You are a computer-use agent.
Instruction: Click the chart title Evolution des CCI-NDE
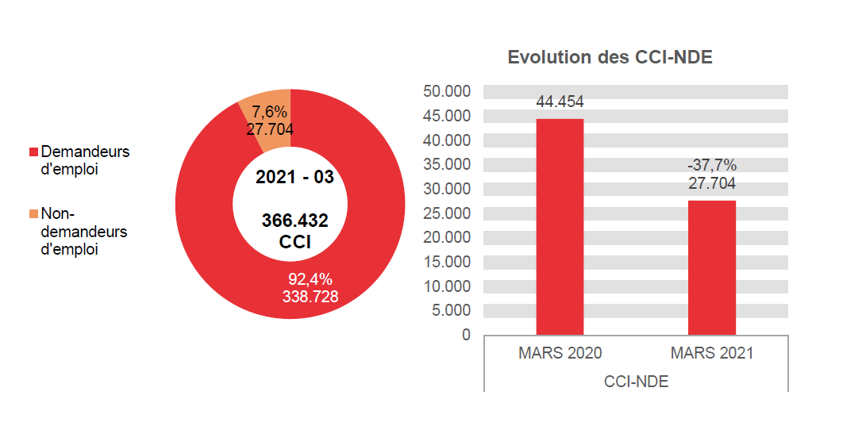pyautogui.click(x=610, y=58)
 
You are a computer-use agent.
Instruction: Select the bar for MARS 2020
pyautogui.click(x=560, y=227)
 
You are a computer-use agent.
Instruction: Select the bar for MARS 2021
pyautogui.click(x=711, y=267)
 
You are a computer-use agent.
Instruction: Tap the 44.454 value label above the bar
pyautogui.click(x=560, y=102)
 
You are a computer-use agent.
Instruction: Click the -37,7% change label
pyautogui.click(x=711, y=166)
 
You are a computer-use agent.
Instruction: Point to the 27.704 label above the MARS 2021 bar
pyautogui.click(x=711, y=183)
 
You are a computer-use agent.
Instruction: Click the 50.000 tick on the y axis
pyautogui.click(x=447, y=91)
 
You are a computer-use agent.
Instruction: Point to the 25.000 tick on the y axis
pyautogui.click(x=447, y=213)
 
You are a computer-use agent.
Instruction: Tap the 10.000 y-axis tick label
pyautogui.click(x=447, y=286)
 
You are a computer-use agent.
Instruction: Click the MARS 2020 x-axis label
pyautogui.click(x=560, y=354)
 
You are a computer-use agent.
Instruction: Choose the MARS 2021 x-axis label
pyautogui.click(x=711, y=354)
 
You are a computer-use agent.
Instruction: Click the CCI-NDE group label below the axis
pyautogui.click(x=636, y=382)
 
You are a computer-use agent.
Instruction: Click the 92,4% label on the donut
pyautogui.click(x=310, y=279)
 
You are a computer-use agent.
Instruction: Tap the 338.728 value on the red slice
pyautogui.click(x=310, y=297)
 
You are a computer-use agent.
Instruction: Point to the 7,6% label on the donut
pyautogui.click(x=269, y=113)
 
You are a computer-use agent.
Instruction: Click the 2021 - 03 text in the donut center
pyautogui.click(x=294, y=177)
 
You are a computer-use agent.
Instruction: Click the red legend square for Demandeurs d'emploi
pyautogui.click(x=33, y=152)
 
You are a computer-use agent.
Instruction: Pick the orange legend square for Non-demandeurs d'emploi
pyautogui.click(x=33, y=214)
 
